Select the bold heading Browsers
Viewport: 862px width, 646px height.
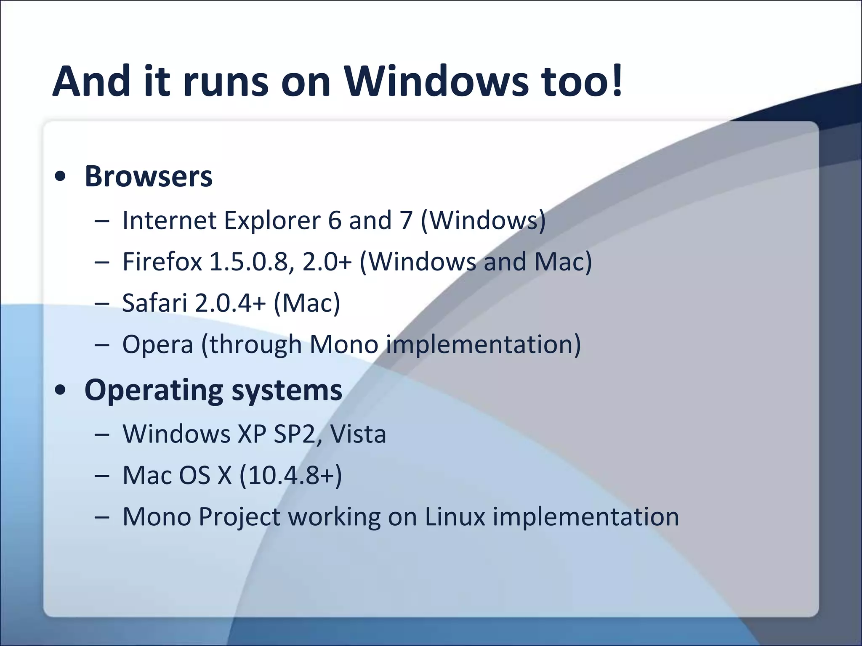pyautogui.click(x=148, y=177)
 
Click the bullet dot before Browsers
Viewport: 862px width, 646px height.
pyautogui.click(x=61, y=177)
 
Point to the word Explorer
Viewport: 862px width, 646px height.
pyautogui.click(x=272, y=220)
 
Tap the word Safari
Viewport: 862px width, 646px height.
pyautogui.click(x=154, y=303)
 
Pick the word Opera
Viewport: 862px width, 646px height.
pyautogui.click(x=157, y=345)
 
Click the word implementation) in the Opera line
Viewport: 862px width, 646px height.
pyautogui.click(x=484, y=345)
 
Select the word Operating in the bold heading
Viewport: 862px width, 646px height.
pyautogui.click(x=154, y=391)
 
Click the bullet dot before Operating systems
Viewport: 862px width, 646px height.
pyautogui.click(x=61, y=390)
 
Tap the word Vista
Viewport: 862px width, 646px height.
pyautogui.click(x=358, y=434)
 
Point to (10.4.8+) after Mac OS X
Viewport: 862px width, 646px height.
pyautogui.click(x=290, y=476)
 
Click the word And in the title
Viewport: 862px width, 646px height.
pyautogui.click(x=91, y=81)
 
